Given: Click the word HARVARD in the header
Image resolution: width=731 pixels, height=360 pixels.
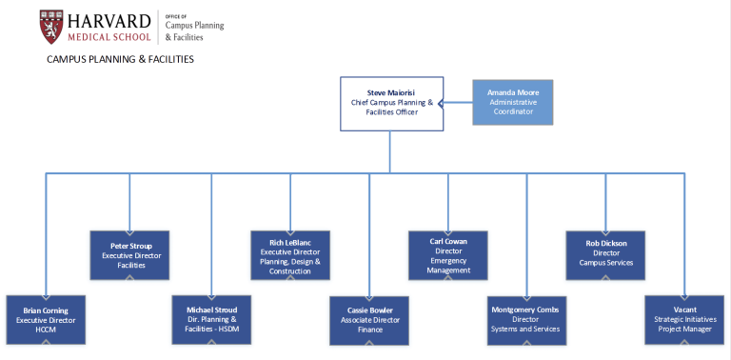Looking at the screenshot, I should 108,20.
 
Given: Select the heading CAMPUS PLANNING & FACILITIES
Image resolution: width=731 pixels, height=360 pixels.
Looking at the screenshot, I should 120,59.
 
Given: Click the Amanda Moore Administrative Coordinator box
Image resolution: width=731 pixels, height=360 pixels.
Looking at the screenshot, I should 512,103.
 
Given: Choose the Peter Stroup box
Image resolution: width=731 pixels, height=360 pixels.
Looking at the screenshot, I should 129,255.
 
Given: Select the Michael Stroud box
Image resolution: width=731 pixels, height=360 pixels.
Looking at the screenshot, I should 211,320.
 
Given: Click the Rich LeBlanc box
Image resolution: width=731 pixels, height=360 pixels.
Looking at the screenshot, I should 290,255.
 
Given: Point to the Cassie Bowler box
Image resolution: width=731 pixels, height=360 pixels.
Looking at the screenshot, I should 368,320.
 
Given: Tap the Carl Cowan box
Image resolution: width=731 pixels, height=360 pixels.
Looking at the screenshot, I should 448,255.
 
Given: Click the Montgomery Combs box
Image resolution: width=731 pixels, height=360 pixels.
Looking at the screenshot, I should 526,320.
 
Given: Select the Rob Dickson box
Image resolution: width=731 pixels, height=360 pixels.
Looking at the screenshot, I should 606,255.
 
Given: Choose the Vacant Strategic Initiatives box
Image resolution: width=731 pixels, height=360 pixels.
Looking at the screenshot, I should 684,320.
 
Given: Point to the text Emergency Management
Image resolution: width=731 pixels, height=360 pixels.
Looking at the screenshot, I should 448,265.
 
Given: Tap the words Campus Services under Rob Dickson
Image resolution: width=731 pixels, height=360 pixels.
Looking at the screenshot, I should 606,263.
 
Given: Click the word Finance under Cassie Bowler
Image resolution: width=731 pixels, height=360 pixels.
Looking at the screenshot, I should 368,330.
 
